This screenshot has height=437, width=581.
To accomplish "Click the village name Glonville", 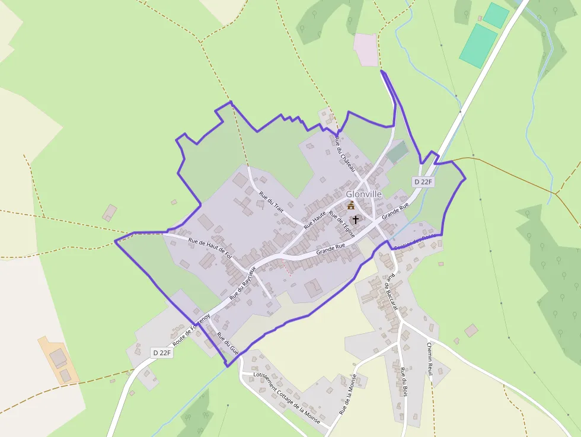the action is tap(364, 194).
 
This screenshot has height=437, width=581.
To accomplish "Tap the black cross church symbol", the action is tap(356, 219).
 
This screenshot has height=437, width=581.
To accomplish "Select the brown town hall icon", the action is tap(351, 205).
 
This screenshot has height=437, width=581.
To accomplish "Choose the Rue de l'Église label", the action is tap(341, 225).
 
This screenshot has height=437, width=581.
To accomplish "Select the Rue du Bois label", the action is tap(404, 382).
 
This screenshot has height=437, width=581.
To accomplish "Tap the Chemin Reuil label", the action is tap(430, 358).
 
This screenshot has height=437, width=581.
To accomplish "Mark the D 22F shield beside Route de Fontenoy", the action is tap(161, 353).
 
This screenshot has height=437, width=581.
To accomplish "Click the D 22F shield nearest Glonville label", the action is tap(423, 182).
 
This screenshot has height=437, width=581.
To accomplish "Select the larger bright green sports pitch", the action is tap(478, 46).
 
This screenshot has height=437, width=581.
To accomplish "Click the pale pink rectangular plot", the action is tap(366, 50).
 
